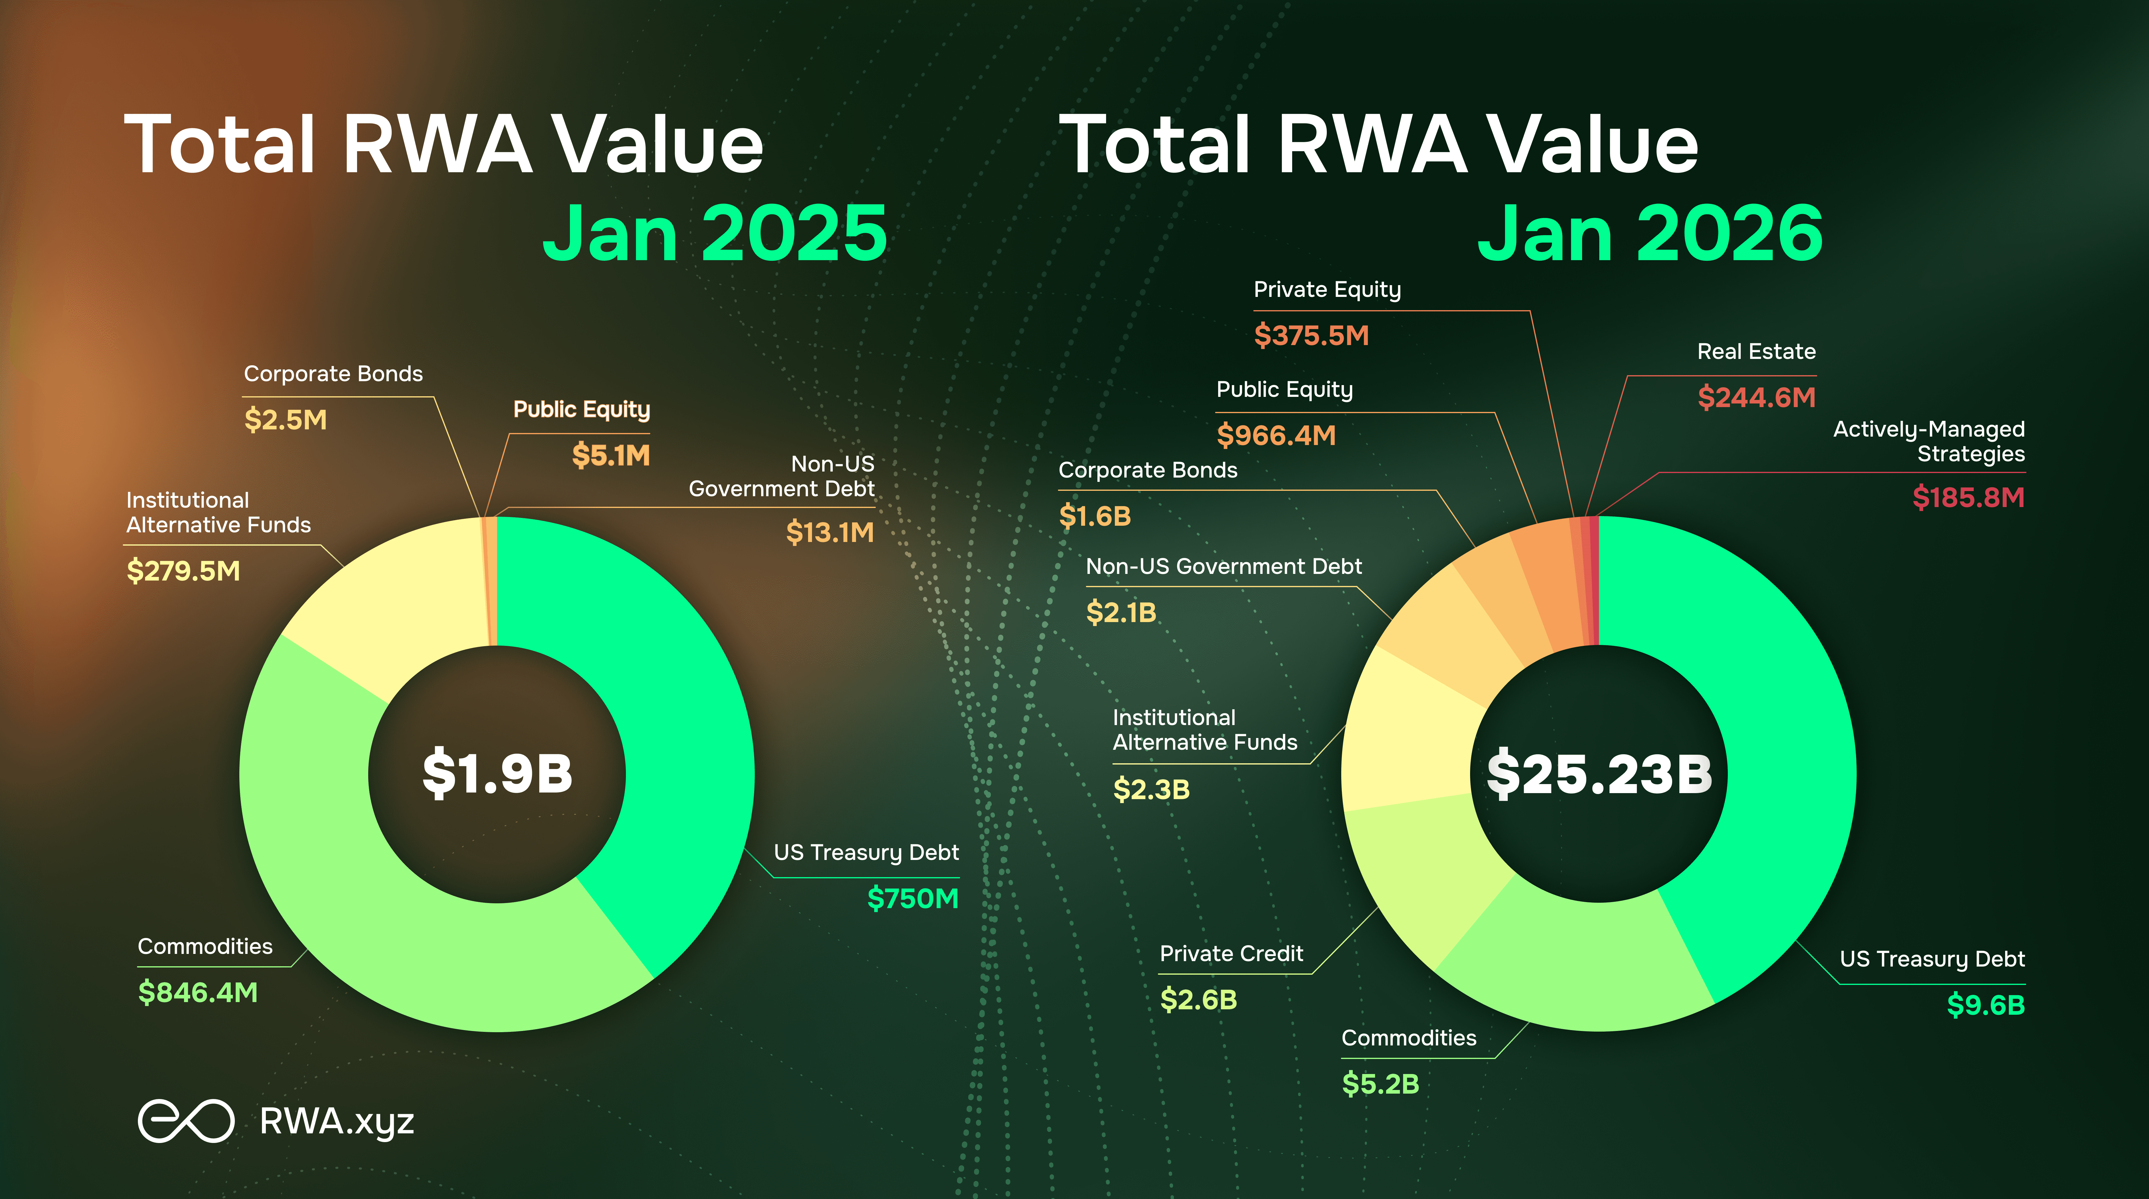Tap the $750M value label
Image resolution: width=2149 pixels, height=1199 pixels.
click(x=913, y=898)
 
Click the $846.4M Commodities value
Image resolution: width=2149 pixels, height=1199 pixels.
click(x=198, y=992)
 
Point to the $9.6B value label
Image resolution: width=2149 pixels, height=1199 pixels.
click(x=1986, y=1004)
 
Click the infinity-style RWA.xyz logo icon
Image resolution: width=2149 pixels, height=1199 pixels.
click(x=185, y=1121)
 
